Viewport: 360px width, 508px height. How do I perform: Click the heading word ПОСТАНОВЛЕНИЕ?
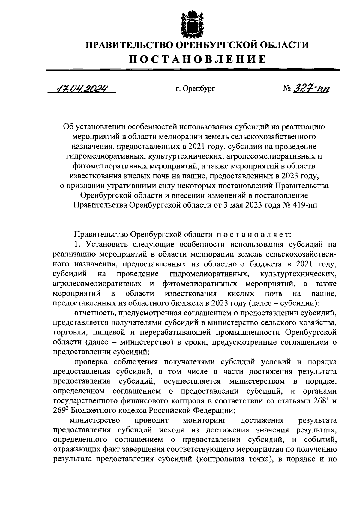[x=197, y=59]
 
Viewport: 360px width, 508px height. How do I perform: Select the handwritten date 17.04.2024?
[x=81, y=88]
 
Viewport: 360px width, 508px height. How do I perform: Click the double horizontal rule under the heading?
[x=193, y=70]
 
